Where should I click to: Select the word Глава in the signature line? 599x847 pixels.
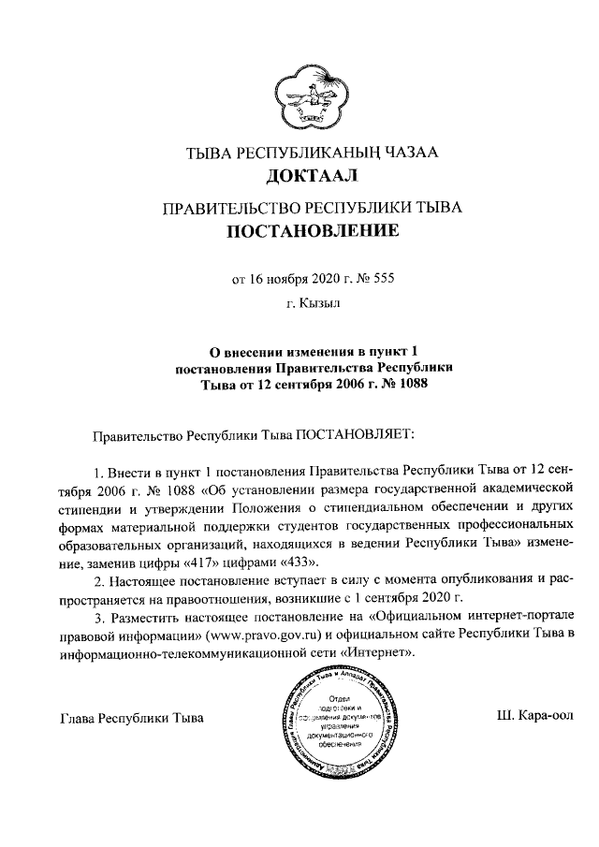pos(78,719)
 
